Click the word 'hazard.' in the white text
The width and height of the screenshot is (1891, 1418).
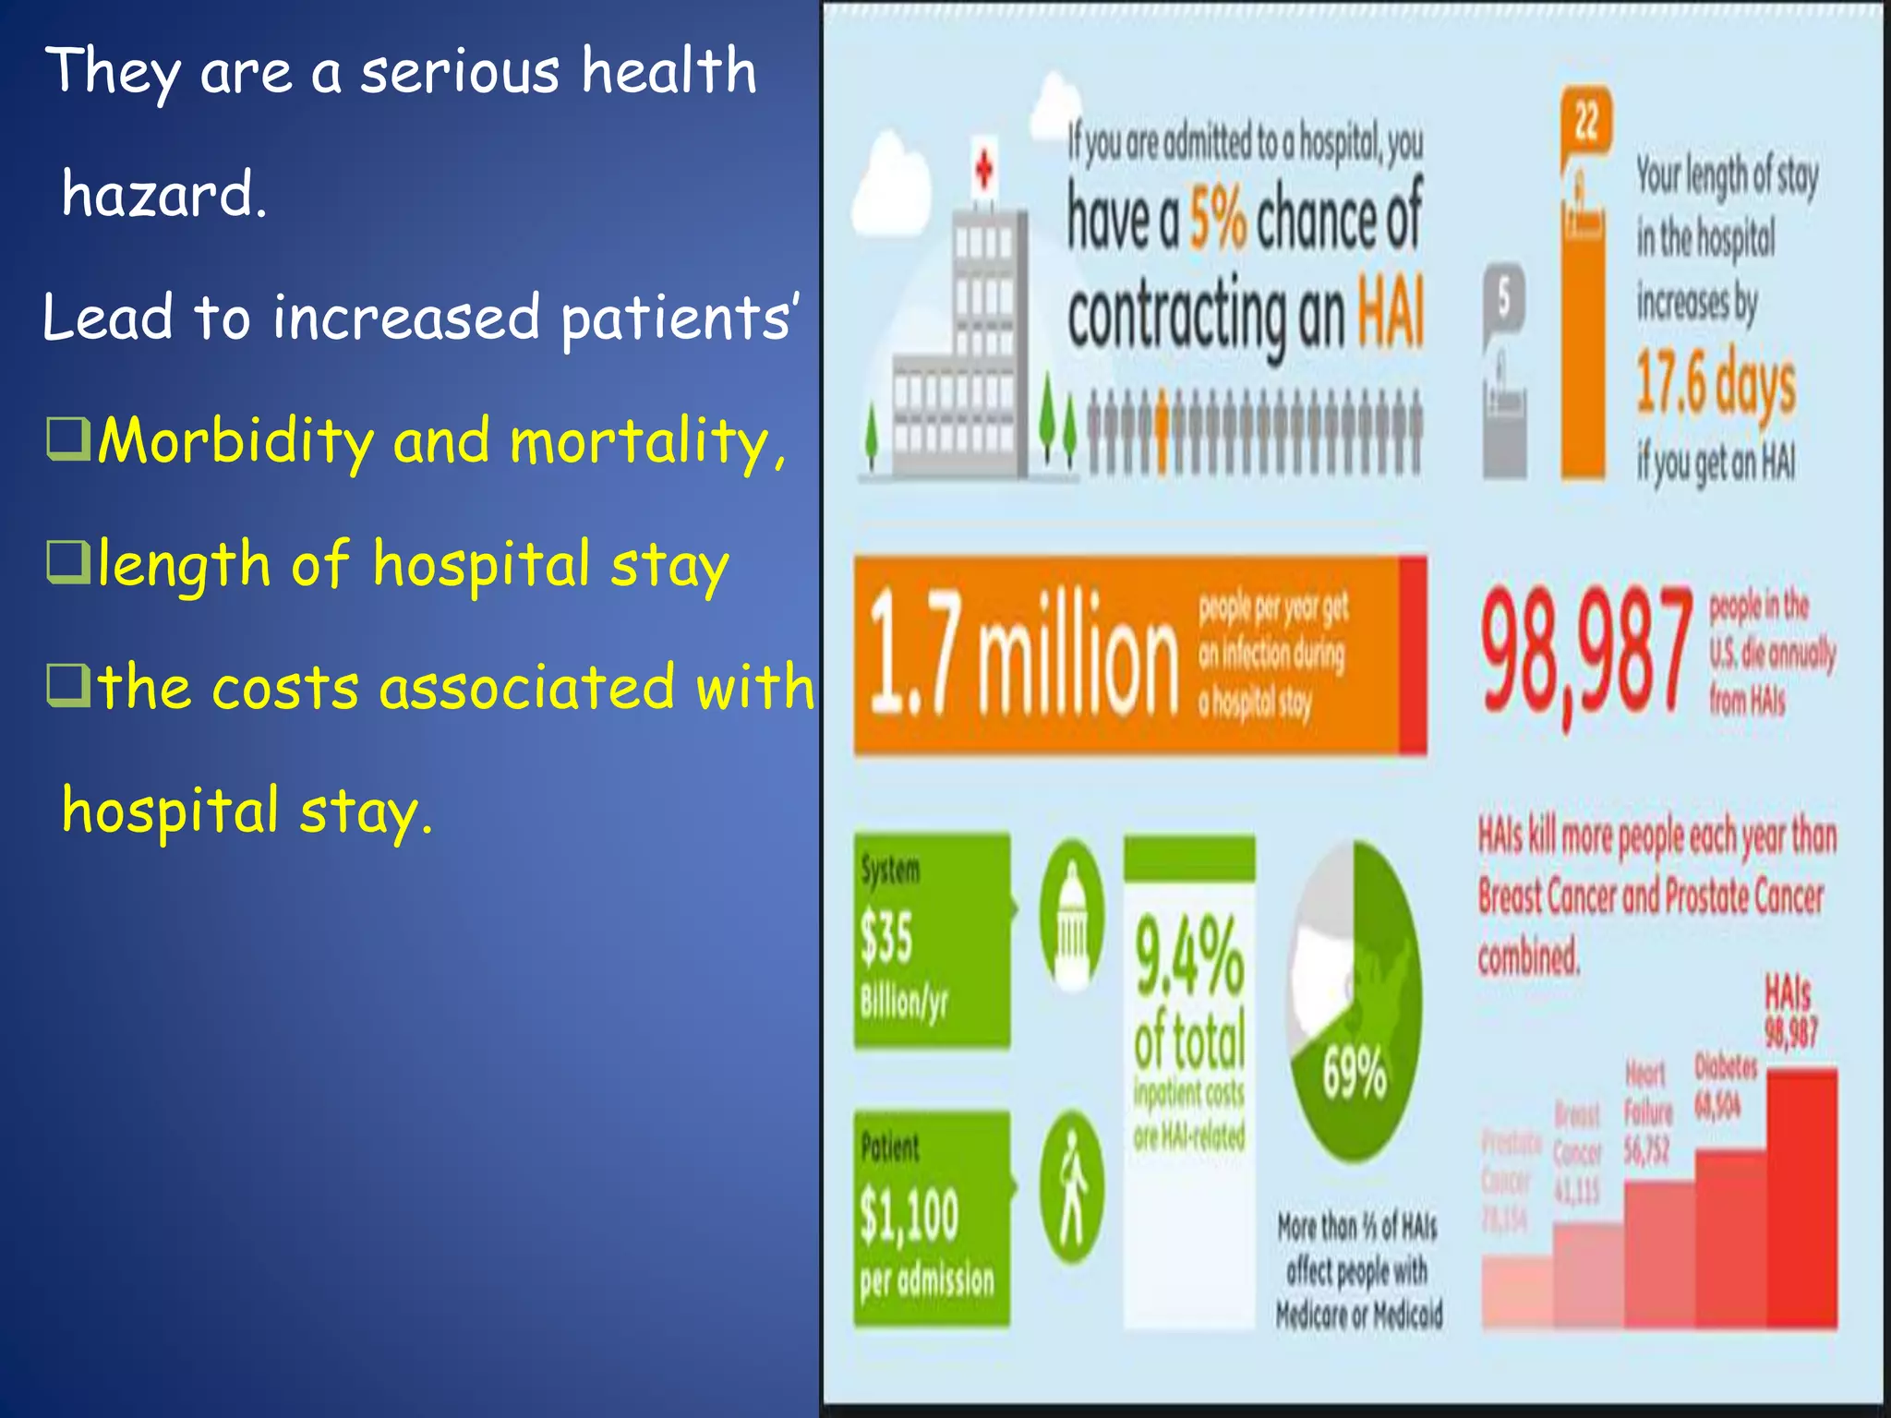pyautogui.click(x=164, y=195)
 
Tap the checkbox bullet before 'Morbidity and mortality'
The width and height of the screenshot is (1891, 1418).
pyautogui.click(x=68, y=439)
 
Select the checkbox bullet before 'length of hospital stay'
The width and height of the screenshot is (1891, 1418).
pyautogui.click(x=68, y=562)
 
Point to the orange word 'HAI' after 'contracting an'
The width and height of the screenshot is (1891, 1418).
pyautogui.click(x=1390, y=313)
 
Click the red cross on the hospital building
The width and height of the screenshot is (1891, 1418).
pyautogui.click(x=984, y=170)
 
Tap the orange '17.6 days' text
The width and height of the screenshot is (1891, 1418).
pyautogui.click(x=1716, y=382)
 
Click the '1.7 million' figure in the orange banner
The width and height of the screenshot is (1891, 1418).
pyautogui.click(x=1023, y=655)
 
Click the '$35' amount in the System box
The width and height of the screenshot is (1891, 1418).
pyautogui.click(x=886, y=937)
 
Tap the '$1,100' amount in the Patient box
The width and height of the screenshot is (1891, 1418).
pyautogui.click(x=909, y=1215)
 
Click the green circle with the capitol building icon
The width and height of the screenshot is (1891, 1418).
pyautogui.click(x=1072, y=914)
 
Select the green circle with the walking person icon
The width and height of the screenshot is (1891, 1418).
pyautogui.click(x=1071, y=1187)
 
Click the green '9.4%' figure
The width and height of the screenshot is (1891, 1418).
pyautogui.click(x=1189, y=956)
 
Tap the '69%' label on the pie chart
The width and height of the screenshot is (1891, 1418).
pyautogui.click(x=1354, y=1073)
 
